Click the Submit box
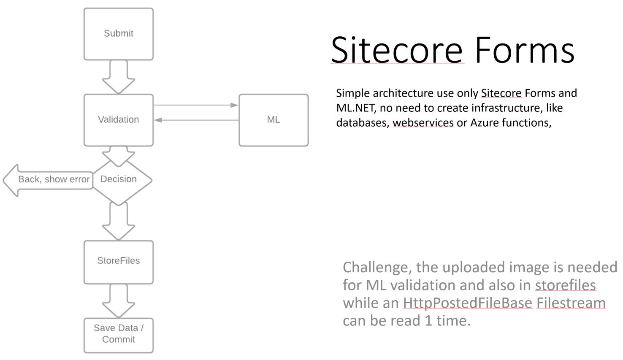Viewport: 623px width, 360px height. pos(119,34)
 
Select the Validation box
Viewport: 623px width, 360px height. pos(119,120)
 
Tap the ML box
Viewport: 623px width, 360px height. pos(274,120)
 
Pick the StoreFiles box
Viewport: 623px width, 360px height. pos(119,262)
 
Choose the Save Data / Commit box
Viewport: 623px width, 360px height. pos(119,336)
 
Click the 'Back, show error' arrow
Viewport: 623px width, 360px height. pos(48,180)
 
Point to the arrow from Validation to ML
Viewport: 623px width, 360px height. pos(196,105)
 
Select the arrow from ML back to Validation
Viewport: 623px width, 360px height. pos(196,120)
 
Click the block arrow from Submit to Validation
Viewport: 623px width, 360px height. pos(119,77)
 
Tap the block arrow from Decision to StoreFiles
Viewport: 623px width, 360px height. pos(119,222)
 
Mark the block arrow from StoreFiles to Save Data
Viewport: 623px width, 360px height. pos(119,301)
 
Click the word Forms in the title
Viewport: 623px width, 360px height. pos(525,50)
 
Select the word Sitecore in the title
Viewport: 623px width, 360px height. pos(397,50)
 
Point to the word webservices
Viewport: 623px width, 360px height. pos(423,122)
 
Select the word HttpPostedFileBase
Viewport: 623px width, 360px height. pos(468,303)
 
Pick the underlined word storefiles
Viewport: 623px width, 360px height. pos(566,285)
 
